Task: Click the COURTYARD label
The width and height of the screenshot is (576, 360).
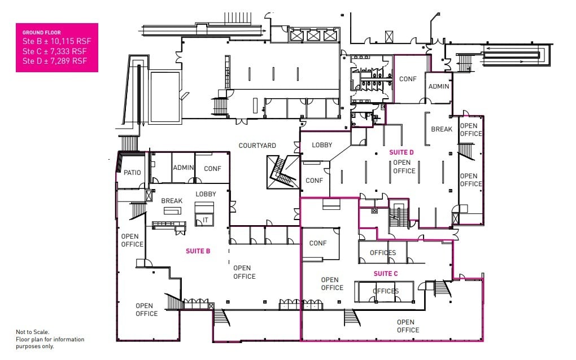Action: coord(257,146)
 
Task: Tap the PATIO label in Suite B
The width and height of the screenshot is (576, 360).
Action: coord(132,173)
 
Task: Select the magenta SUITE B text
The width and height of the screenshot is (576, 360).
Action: coord(198,251)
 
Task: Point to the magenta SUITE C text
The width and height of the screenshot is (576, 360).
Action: coord(386,274)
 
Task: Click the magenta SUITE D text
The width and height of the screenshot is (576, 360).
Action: coord(402,152)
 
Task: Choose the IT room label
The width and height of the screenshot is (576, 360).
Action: coord(206,220)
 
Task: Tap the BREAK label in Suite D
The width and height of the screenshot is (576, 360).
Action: coord(441,129)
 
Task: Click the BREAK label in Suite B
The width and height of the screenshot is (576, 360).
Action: coord(172,201)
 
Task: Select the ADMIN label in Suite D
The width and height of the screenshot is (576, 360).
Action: coord(439,86)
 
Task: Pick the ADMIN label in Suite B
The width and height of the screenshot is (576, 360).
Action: coord(184,168)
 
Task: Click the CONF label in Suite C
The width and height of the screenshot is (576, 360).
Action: coord(318,243)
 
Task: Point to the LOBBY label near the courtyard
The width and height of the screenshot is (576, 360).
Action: coord(322,145)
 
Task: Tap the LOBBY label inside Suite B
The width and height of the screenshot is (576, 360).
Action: coord(206,194)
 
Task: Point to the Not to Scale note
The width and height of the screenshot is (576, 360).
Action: coord(33,332)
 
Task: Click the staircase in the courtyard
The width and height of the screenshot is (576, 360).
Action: coord(281,172)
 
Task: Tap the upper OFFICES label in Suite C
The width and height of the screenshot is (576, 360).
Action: coord(383,253)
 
